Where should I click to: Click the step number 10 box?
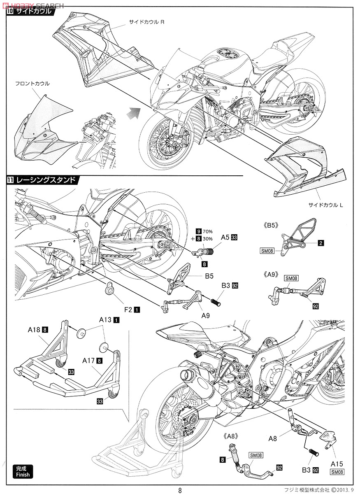click(10, 12)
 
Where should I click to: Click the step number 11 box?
click(10, 179)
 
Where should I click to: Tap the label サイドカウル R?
click(147, 22)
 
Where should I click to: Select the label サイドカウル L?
click(325, 205)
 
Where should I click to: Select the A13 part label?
click(105, 319)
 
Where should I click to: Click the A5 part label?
click(225, 237)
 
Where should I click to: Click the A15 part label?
click(337, 464)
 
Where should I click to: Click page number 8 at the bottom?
click(180, 490)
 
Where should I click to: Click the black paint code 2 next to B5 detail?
click(320, 243)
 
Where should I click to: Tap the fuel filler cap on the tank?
click(225, 54)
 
